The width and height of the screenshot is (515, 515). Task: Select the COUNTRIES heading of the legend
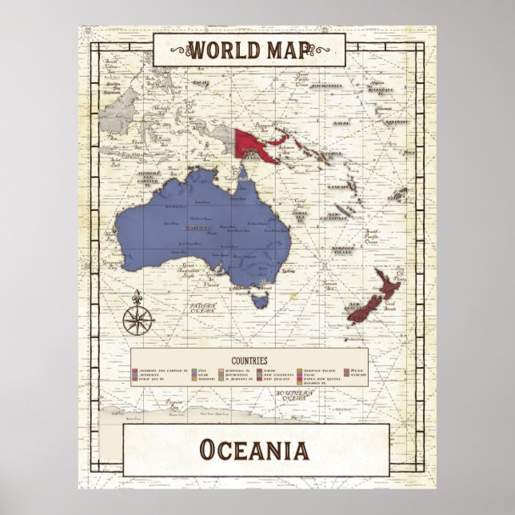pos(249,361)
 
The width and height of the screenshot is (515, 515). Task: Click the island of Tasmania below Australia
pos(257,300)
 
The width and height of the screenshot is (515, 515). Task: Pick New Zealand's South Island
pos(360,311)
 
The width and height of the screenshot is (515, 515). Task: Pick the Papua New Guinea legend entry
pos(320,378)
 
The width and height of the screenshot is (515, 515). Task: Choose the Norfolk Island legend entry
pos(320,371)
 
